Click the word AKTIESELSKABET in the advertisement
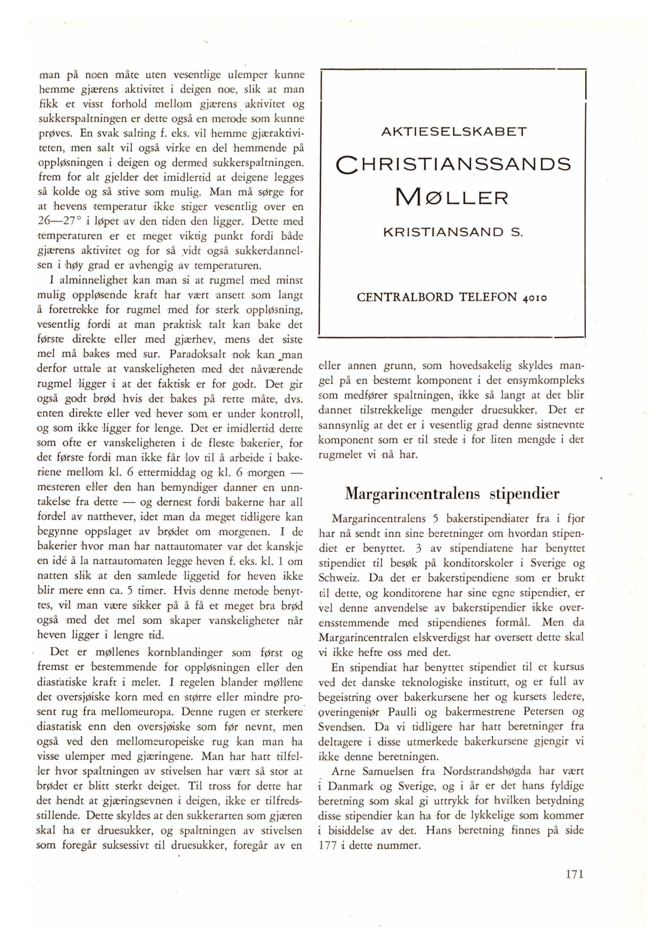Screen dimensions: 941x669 tap(454, 132)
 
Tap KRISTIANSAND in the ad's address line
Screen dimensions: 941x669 tap(443, 233)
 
